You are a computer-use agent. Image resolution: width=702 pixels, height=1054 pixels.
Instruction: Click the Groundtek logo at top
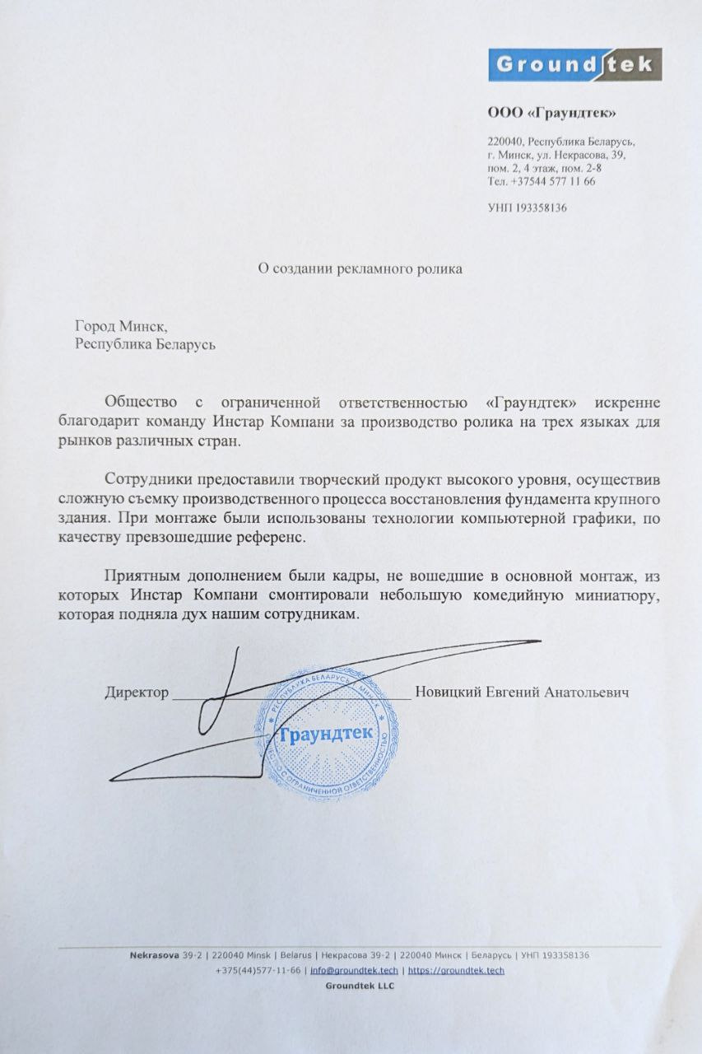pyautogui.click(x=574, y=64)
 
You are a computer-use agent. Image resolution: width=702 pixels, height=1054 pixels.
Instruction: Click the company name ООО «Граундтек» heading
pyautogui.click(x=551, y=113)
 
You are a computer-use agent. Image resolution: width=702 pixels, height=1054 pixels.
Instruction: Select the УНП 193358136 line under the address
pyautogui.click(x=528, y=208)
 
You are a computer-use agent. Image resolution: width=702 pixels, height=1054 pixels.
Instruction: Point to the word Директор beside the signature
pyautogui.click(x=137, y=693)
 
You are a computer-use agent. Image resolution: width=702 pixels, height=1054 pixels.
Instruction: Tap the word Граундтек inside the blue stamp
pyautogui.click(x=327, y=732)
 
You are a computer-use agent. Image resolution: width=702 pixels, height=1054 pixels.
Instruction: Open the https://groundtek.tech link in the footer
pyautogui.click(x=456, y=970)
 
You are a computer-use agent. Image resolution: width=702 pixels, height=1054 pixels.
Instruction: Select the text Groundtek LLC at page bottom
pyautogui.click(x=360, y=986)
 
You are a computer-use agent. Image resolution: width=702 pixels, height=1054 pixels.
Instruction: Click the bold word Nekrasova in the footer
pyautogui.click(x=156, y=955)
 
